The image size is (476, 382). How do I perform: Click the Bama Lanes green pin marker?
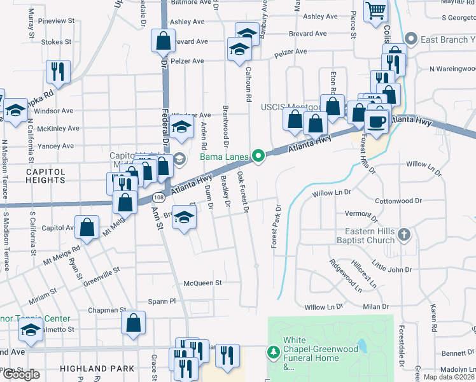click(x=258, y=155)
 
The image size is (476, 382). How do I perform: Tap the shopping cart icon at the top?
click(x=376, y=10)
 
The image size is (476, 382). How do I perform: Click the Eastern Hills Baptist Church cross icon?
click(x=403, y=236)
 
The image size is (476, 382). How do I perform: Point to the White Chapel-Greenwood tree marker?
click(x=273, y=351)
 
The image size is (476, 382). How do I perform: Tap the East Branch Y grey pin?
click(x=411, y=39)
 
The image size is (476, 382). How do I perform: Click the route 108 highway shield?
click(x=157, y=198)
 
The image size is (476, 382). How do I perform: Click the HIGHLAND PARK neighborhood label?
click(x=97, y=368)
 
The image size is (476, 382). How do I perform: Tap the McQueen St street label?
click(x=202, y=283)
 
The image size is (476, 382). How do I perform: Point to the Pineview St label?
click(x=56, y=21)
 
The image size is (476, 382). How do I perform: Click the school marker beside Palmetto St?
click(x=29, y=330)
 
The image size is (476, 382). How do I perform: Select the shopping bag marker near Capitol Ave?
click(x=87, y=226)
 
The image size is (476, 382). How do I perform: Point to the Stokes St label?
click(x=57, y=42)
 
